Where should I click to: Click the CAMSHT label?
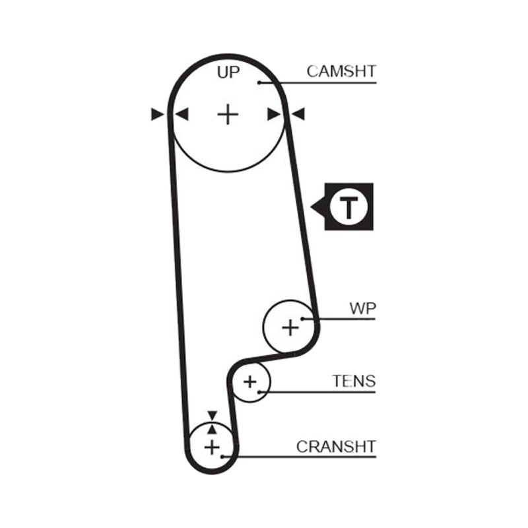(x=341, y=71)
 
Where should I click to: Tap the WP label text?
(x=362, y=308)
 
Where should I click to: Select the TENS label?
(x=354, y=381)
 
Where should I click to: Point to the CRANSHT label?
(x=336, y=447)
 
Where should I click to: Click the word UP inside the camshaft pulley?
(x=228, y=72)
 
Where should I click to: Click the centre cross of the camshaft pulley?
(x=228, y=114)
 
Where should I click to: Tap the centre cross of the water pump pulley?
(x=290, y=327)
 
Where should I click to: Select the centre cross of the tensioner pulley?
(x=250, y=382)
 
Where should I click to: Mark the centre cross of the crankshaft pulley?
(x=212, y=447)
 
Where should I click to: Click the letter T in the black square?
(x=349, y=207)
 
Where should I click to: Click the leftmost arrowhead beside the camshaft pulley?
(x=157, y=114)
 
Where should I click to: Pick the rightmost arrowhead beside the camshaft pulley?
(x=298, y=114)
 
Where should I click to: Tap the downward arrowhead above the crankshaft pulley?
(x=212, y=415)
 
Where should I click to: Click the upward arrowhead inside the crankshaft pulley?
(x=212, y=429)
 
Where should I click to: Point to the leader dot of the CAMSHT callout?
(x=259, y=82)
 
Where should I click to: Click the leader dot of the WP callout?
(x=302, y=319)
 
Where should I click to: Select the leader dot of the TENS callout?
(x=259, y=392)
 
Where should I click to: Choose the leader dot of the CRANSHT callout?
(x=222, y=457)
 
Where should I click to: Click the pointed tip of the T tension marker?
(x=310, y=207)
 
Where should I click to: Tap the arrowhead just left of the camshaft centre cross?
(x=182, y=114)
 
